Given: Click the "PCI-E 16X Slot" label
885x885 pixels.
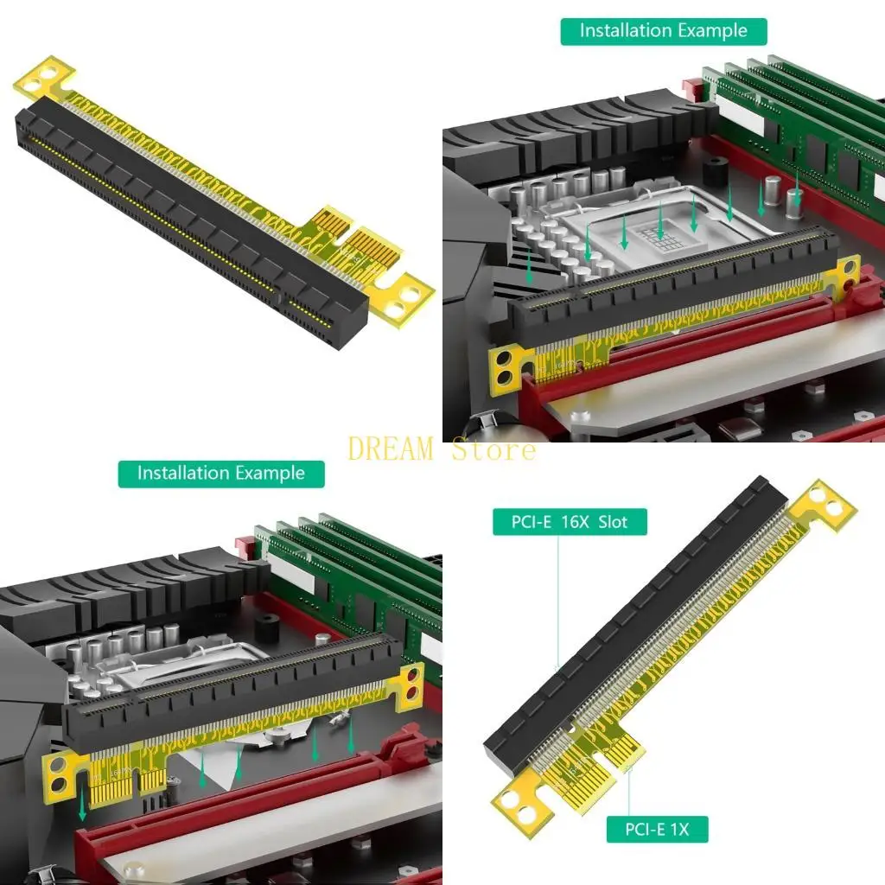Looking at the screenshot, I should [x=570, y=521].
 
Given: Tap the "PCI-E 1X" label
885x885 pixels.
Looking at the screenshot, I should [x=657, y=830].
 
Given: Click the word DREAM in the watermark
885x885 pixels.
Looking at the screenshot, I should [x=391, y=449].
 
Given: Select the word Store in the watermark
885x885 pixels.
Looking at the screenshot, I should [x=493, y=449].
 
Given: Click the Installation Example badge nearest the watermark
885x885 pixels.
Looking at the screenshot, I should [x=221, y=473].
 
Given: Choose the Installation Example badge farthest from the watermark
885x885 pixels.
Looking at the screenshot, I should [x=664, y=31].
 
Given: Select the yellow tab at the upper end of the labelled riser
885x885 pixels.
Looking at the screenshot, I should [x=822, y=506].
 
